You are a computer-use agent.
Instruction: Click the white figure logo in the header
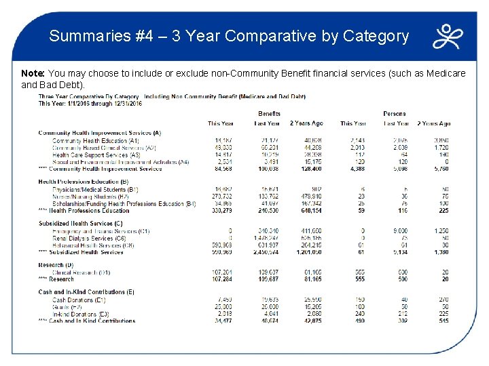tap(449, 37)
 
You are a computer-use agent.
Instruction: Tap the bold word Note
tap(32, 73)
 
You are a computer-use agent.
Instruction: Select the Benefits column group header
tap(269, 114)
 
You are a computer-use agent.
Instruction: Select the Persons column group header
tap(395, 114)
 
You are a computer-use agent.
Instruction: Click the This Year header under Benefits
tap(220, 123)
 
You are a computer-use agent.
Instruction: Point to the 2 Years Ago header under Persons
tap(435, 123)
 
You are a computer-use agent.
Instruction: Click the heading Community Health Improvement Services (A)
tap(99, 133)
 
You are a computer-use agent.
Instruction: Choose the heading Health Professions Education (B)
tap(84, 181)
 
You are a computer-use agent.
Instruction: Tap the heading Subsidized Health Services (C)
tap(80, 223)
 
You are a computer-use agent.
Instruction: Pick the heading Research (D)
tap(56, 265)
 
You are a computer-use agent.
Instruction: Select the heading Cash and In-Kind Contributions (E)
tap(86, 292)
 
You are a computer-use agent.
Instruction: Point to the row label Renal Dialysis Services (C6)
tap(89, 239)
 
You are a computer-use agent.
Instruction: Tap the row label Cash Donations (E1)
tap(79, 300)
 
